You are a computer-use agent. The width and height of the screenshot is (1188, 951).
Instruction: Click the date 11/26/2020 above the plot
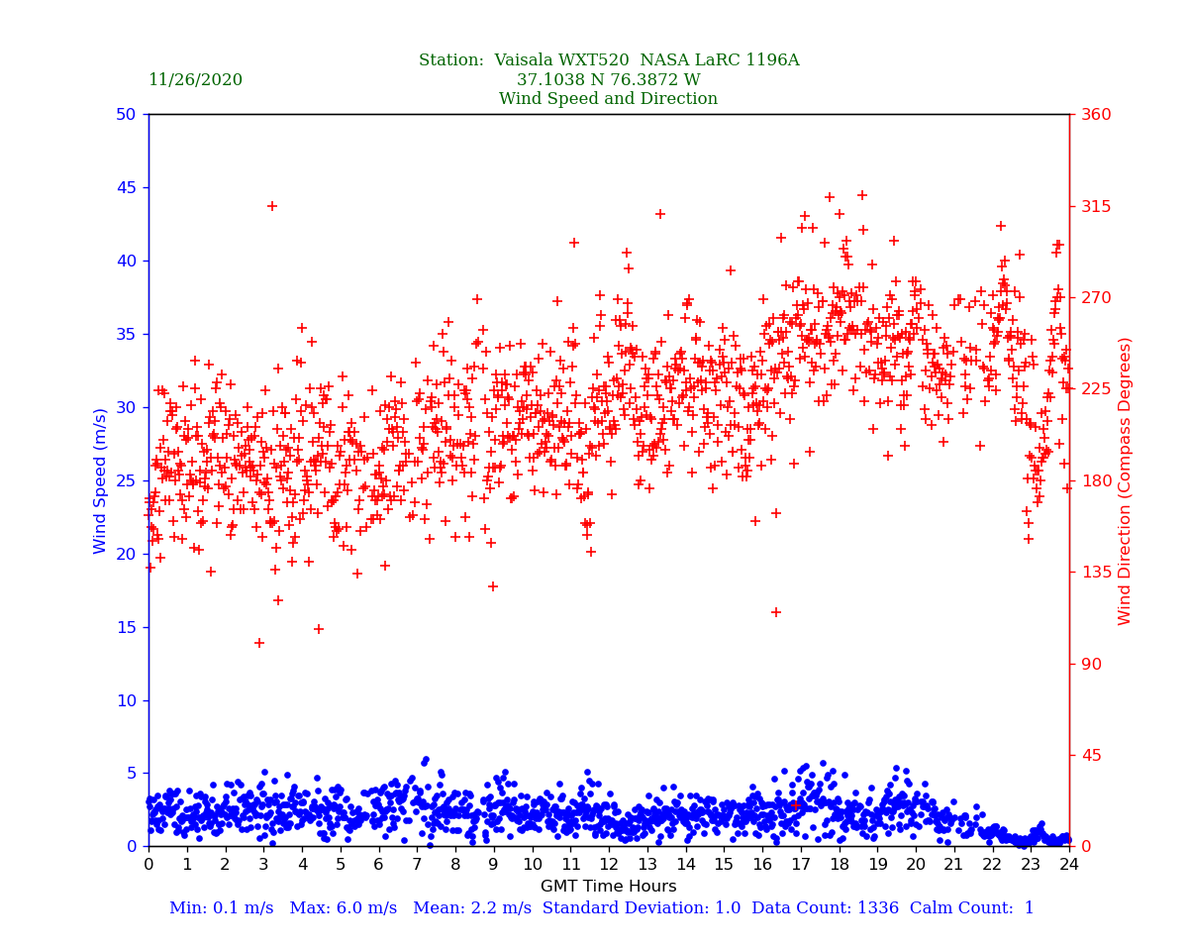tap(195, 80)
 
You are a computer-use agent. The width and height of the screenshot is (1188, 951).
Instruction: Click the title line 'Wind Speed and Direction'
tap(608, 99)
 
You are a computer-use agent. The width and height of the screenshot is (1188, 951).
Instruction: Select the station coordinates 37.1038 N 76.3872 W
tap(608, 80)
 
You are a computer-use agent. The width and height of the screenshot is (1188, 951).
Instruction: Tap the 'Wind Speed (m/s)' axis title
tap(101, 480)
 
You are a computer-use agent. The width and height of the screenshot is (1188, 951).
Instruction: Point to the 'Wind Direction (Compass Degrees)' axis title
tap(1125, 480)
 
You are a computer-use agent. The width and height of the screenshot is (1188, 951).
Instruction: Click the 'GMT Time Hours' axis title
tap(608, 887)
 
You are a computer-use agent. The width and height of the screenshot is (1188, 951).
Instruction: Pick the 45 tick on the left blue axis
tap(125, 188)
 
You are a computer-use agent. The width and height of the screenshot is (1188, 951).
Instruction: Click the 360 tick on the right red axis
tap(1096, 115)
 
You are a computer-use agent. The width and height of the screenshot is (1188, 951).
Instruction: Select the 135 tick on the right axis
tap(1096, 573)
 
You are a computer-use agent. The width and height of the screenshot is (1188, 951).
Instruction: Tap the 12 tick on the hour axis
tap(609, 865)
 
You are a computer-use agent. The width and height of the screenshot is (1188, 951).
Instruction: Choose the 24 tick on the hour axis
tap(1069, 865)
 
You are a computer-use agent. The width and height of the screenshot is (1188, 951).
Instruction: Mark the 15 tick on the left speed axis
tap(125, 627)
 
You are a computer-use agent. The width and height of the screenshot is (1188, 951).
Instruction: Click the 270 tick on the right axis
tap(1096, 298)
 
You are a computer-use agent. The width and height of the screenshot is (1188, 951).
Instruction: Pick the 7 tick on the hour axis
tap(417, 865)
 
